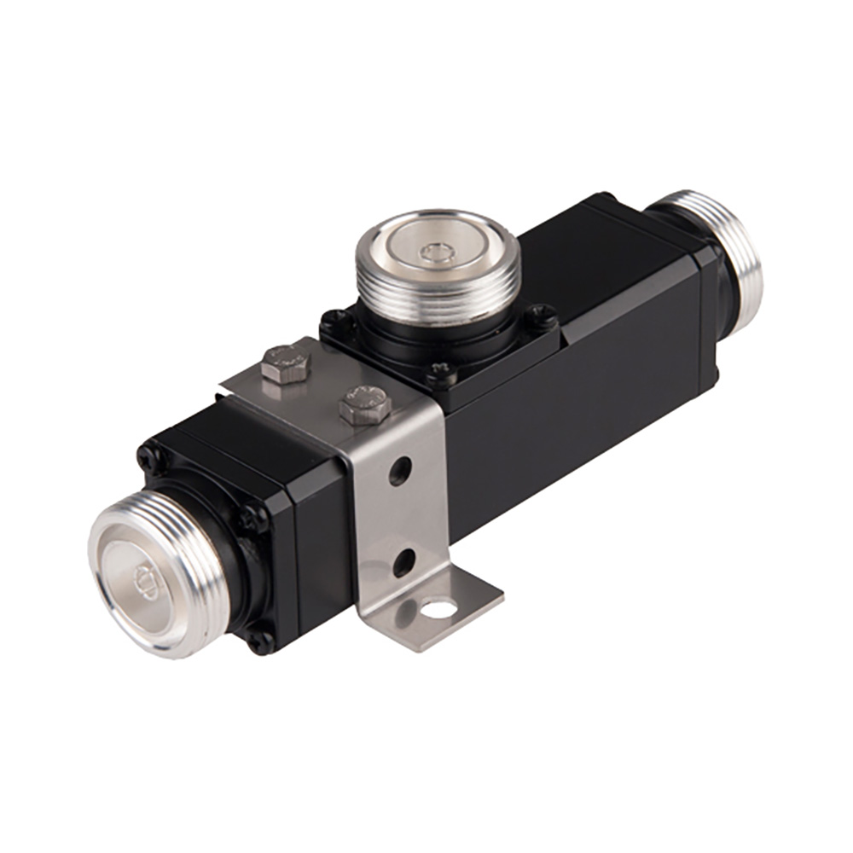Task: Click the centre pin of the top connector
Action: pyautogui.click(x=437, y=250)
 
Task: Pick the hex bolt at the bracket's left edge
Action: pyautogui.click(x=286, y=363)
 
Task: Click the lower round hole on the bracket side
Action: pyautogui.click(x=403, y=561)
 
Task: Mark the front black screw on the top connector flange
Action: pyautogui.click(x=440, y=373)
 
